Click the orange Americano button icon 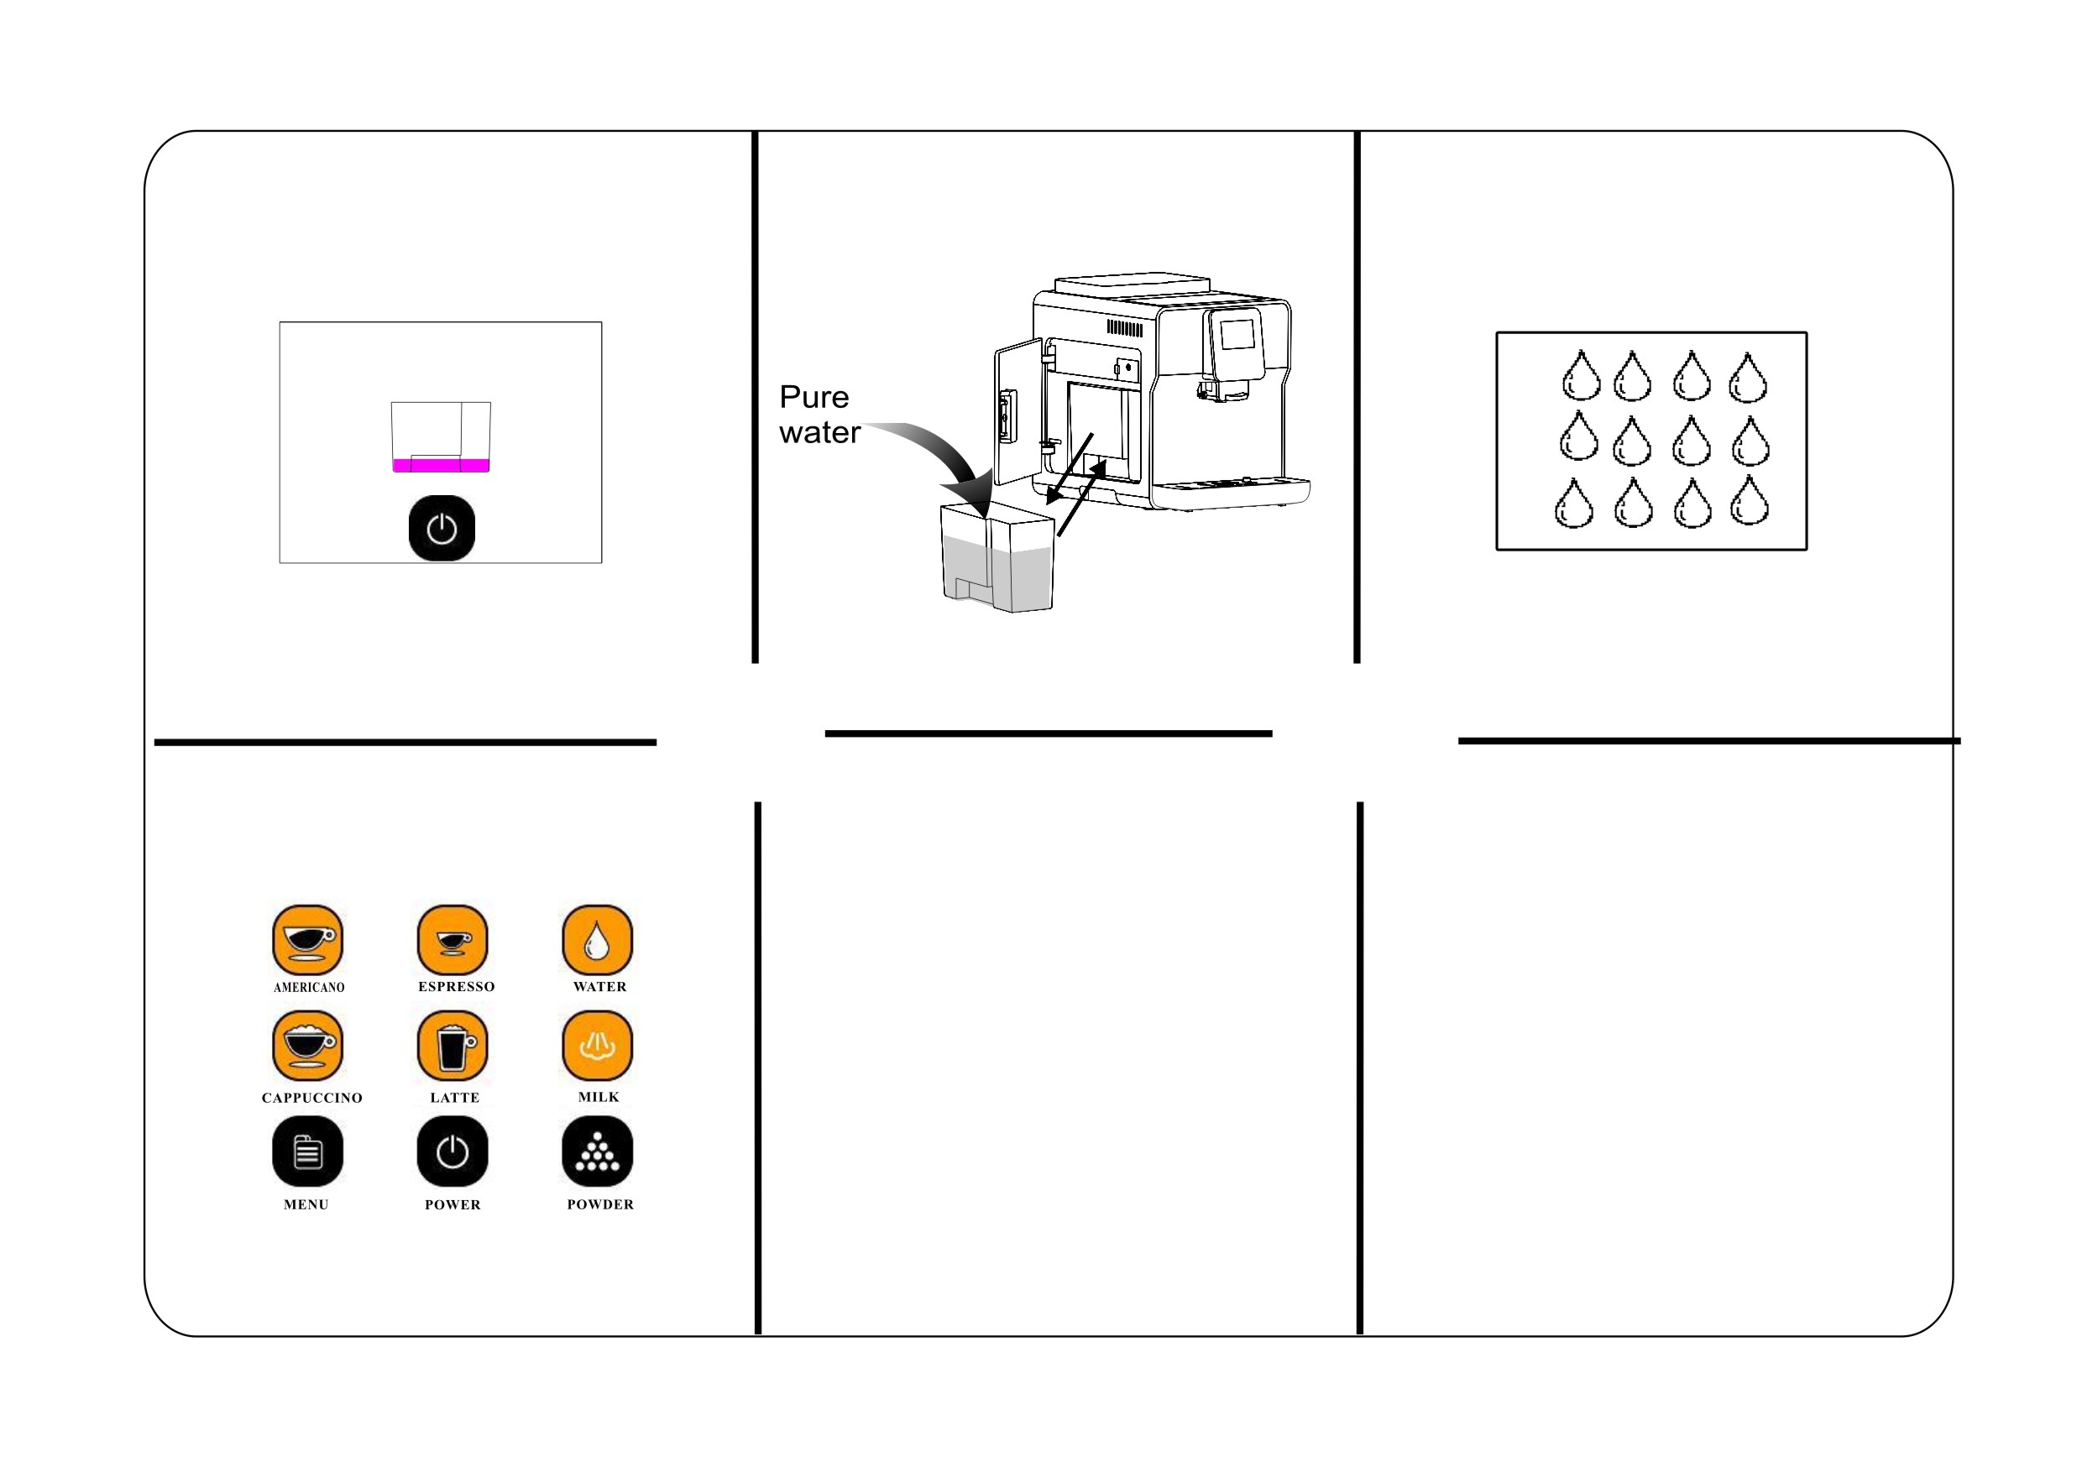point(307,940)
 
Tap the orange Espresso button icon point(452,940)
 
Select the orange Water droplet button point(598,940)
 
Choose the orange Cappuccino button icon point(307,1047)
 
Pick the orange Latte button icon point(452,1047)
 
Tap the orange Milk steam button point(598,1047)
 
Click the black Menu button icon point(307,1151)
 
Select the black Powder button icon point(598,1151)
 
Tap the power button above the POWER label point(452,1151)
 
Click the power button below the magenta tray point(442,529)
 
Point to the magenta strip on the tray point(441,466)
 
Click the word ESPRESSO point(456,986)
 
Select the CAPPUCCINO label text point(312,1098)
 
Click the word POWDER point(600,1205)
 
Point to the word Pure point(814,397)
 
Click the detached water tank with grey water point(997,557)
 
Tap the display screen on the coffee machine point(1237,335)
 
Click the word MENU point(306,1205)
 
